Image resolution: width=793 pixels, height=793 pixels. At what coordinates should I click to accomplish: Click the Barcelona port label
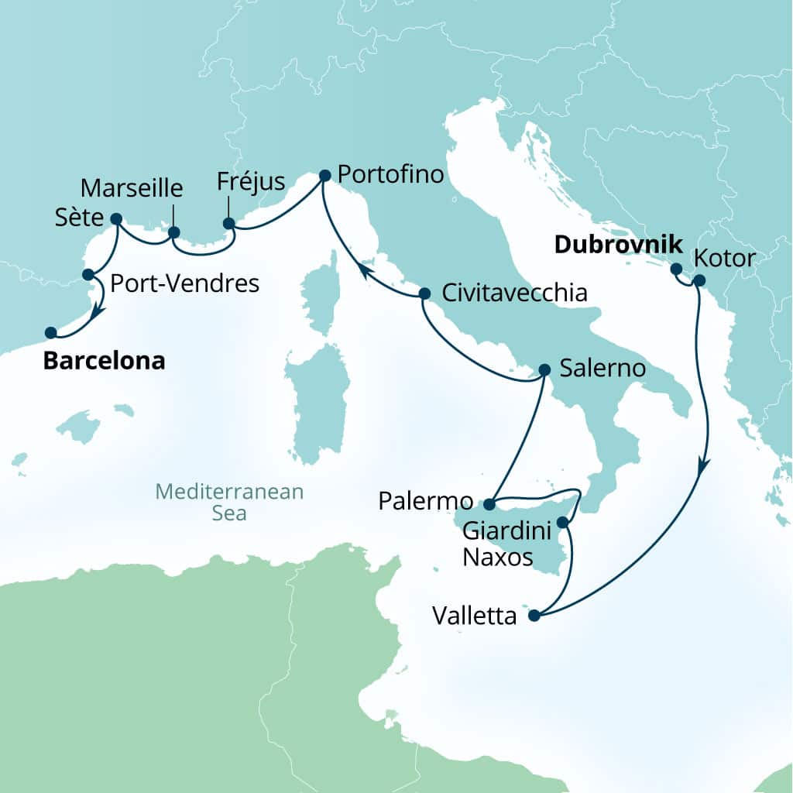coord(104,361)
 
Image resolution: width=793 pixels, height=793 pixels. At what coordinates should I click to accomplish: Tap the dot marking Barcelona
coord(50,333)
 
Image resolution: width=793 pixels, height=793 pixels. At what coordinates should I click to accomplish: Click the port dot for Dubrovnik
coord(675,269)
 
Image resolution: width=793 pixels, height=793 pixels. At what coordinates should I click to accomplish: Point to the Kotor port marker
coord(699,280)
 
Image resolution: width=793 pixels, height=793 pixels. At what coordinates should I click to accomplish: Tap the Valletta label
coord(474,616)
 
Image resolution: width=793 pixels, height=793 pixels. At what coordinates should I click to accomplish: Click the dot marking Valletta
coord(534,616)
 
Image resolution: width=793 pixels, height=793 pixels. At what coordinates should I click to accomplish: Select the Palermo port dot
coord(489,505)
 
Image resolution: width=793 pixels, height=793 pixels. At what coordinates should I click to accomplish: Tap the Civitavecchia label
coord(513,294)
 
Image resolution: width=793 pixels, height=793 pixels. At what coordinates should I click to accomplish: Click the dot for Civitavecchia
coord(424,294)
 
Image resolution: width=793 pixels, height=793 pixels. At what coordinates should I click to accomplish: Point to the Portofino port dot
coord(324,176)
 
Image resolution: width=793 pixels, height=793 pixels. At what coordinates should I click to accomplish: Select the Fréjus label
coord(251,184)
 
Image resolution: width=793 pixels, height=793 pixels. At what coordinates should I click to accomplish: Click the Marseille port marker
coord(174,232)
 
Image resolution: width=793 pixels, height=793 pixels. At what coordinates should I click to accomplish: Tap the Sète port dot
coord(116,218)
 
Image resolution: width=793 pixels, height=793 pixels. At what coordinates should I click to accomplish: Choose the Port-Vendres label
coord(184,283)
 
